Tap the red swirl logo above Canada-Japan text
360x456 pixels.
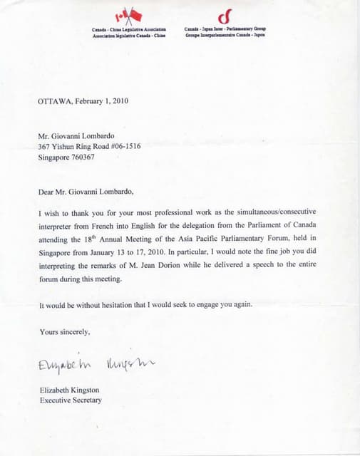tap(225, 16)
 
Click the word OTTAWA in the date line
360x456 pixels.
tap(54, 102)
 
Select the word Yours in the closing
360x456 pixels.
tap(48, 331)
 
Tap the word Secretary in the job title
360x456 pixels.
tap(85, 400)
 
